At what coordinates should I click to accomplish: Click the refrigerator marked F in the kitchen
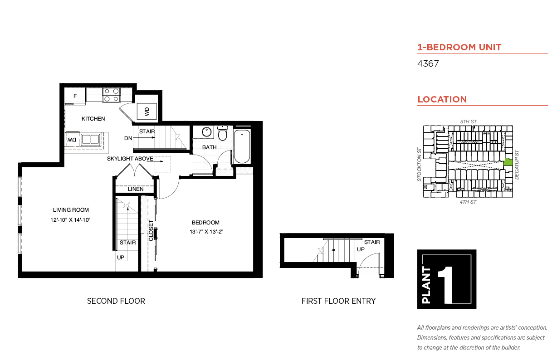point(75,96)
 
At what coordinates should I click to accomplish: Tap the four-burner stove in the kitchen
point(111,95)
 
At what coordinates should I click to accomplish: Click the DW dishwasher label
point(72,140)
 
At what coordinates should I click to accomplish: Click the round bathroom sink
point(207,132)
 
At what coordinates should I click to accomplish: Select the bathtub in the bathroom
point(241,146)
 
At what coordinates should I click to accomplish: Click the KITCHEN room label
point(93,119)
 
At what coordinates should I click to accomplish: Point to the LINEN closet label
point(136,189)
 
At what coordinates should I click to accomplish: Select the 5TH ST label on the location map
point(468,122)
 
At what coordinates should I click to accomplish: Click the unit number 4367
point(428,64)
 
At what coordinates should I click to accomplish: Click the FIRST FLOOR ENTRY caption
point(338,301)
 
